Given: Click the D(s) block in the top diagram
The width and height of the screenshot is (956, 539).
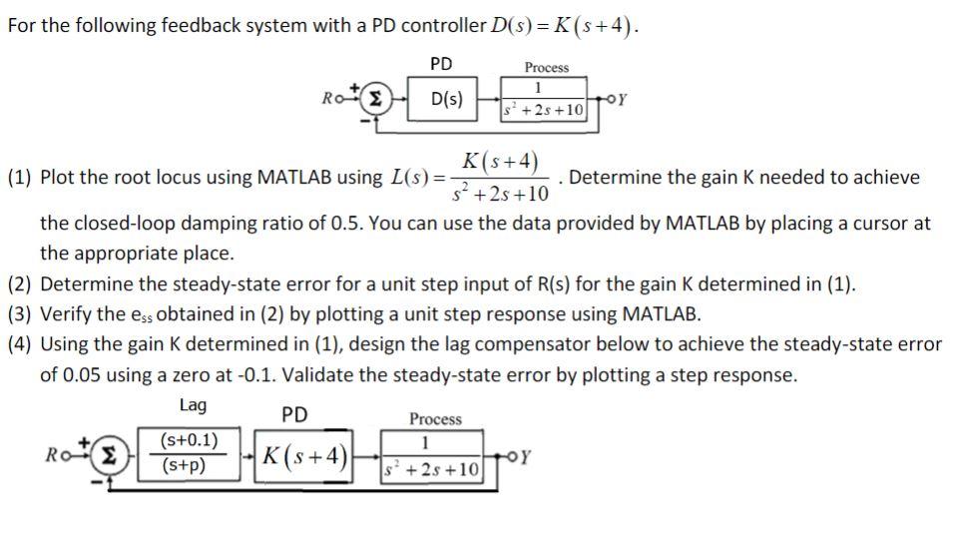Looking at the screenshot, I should [x=444, y=100].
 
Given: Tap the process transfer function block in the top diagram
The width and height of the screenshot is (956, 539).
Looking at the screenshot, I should [x=545, y=101].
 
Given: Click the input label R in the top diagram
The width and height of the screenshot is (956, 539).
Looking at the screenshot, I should [x=327, y=99].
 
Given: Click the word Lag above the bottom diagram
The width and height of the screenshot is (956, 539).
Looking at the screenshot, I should [x=193, y=405].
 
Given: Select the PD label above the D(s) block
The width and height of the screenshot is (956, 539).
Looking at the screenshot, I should [x=441, y=64].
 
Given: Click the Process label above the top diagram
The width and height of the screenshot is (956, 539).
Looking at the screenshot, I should [x=546, y=67].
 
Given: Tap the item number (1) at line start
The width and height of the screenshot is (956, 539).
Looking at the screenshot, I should [x=20, y=179].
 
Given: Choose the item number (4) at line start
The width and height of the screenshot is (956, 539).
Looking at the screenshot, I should [x=20, y=344].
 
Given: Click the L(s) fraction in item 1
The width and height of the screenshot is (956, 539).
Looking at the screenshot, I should [x=499, y=176].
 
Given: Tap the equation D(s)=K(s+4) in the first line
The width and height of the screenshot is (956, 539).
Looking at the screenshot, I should [x=560, y=25].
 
